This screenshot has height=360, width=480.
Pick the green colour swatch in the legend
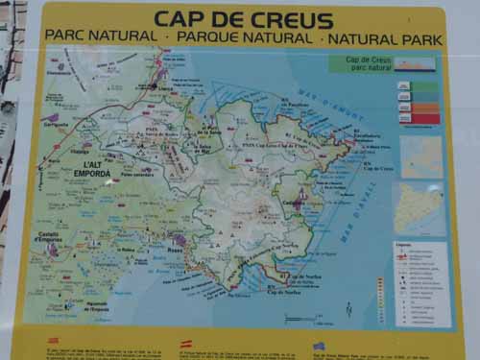(424, 85)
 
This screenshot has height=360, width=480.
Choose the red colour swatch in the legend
(424, 119)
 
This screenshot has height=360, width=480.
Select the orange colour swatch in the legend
(424, 108)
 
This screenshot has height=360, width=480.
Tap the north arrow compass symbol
(348, 308)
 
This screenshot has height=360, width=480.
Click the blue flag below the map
(318, 346)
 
